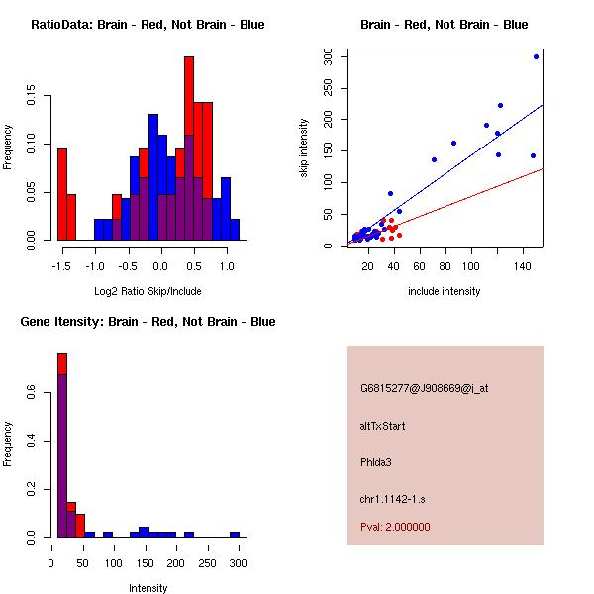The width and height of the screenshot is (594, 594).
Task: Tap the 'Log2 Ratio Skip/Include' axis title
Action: click(x=148, y=291)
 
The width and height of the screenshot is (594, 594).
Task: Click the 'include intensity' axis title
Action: click(x=444, y=291)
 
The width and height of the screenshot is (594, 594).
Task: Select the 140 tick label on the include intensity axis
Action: click(x=524, y=265)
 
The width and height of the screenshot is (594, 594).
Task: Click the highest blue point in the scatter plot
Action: click(x=536, y=57)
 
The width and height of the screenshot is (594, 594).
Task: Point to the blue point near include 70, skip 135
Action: click(x=434, y=159)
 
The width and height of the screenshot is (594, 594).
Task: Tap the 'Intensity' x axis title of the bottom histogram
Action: click(x=148, y=588)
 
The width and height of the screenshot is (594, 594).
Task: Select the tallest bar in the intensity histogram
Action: click(x=62, y=445)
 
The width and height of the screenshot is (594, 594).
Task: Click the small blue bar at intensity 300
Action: click(x=235, y=534)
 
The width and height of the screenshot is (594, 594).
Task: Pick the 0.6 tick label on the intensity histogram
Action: click(x=34, y=394)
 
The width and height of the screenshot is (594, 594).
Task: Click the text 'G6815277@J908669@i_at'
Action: click(x=424, y=388)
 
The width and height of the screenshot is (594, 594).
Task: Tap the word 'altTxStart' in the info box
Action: click(x=383, y=426)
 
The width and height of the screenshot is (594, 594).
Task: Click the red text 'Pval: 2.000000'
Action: click(x=395, y=527)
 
